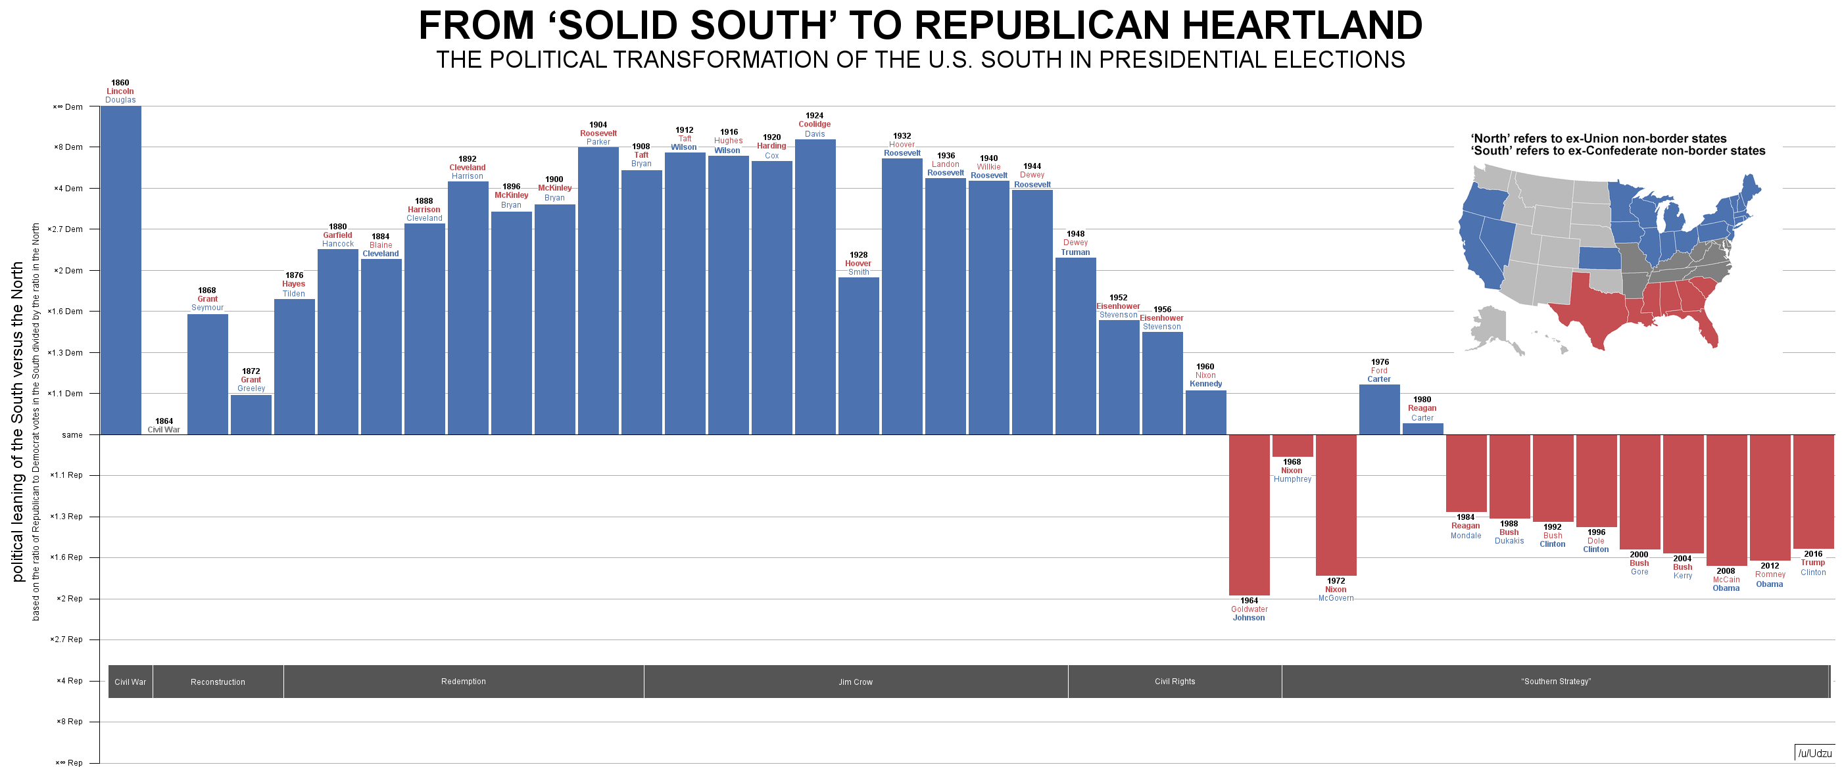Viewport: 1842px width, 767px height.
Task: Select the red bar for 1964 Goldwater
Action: pyautogui.click(x=1249, y=515)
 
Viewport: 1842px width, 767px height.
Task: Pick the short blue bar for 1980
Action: pyautogui.click(x=1422, y=429)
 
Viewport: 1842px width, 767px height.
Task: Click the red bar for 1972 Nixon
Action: pyautogui.click(x=1336, y=505)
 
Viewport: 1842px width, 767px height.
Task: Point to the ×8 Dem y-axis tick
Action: pyautogui.click(x=68, y=147)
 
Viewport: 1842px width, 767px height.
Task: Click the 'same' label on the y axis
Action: pyautogui.click(x=72, y=434)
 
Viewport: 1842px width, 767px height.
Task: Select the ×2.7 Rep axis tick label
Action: pyautogui.click(x=66, y=639)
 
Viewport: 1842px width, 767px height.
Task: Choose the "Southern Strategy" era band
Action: pyautogui.click(x=1555, y=681)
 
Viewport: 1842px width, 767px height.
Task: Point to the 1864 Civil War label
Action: pyautogui.click(x=164, y=426)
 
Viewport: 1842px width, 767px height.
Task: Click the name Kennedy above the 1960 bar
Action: pyautogui.click(x=1205, y=384)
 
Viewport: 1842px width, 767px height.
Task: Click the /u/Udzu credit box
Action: pyautogui.click(x=1815, y=753)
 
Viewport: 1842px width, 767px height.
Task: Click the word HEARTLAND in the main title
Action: pyautogui.click(x=1301, y=26)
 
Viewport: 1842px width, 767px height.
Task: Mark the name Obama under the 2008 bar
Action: pyautogui.click(x=1726, y=588)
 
